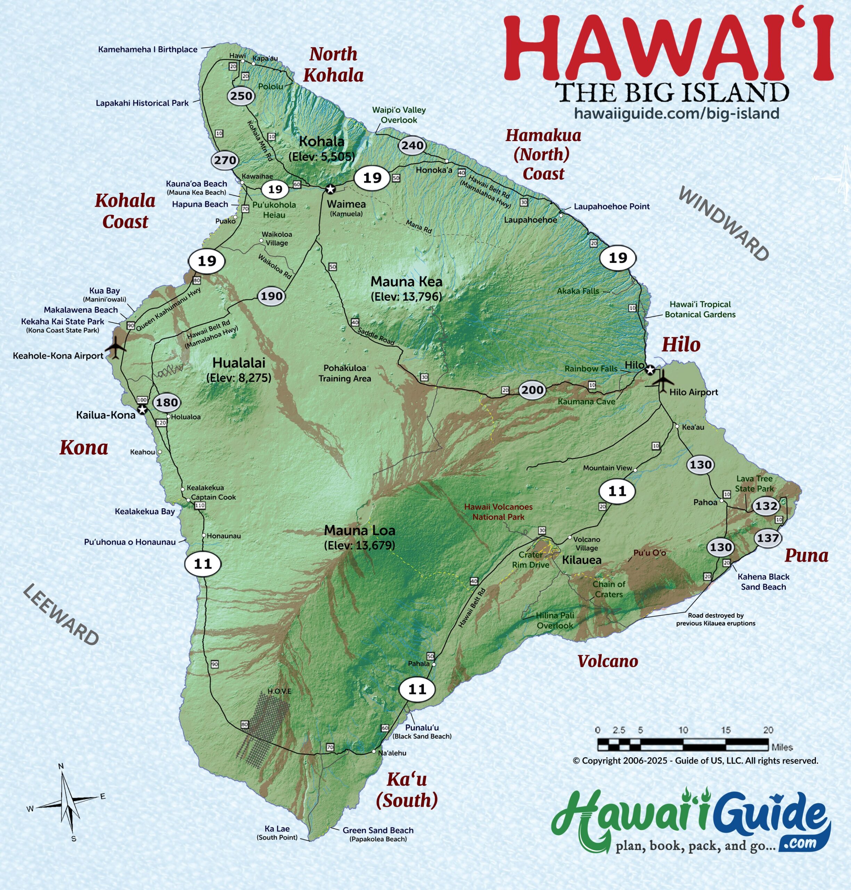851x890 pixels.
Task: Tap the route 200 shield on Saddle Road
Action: click(532, 390)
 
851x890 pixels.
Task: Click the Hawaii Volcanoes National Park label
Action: click(498, 511)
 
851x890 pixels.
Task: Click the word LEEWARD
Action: click(61, 615)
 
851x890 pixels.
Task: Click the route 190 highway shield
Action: click(271, 296)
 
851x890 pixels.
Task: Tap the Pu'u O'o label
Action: click(649, 553)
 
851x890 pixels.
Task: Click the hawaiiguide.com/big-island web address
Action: click(676, 113)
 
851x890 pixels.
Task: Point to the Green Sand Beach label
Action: click(378, 830)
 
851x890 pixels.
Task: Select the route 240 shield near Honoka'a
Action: click(412, 146)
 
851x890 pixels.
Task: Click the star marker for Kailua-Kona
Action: click(142, 410)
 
